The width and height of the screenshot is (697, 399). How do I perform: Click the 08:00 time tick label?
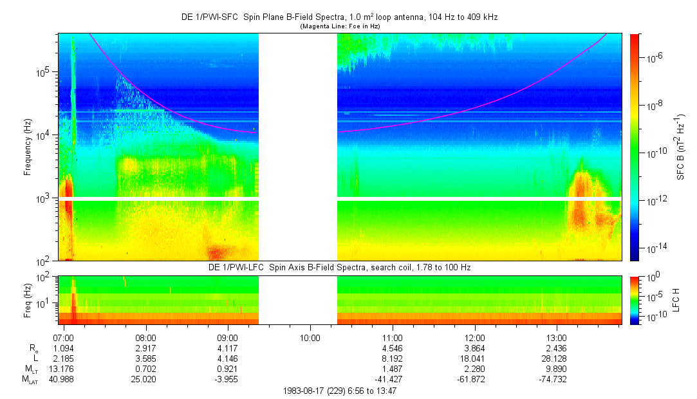pyautogui.click(x=146, y=337)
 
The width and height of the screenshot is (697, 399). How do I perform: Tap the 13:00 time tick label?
pyautogui.click(x=557, y=337)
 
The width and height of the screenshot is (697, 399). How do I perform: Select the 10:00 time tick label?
pyautogui.click(x=310, y=337)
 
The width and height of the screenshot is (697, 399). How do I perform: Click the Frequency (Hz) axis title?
pyautogui.click(x=28, y=147)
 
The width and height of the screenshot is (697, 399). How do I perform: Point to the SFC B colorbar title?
pyautogui.click(x=680, y=147)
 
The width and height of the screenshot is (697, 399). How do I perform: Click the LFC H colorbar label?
pyautogui.click(x=680, y=299)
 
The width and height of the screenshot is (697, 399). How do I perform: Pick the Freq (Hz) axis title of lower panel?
pyautogui.click(x=28, y=299)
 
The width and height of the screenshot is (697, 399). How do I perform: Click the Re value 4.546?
pyautogui.click(x=393, y=348)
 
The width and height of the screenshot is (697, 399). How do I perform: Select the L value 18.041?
pyautogui.click(x=474, y=358)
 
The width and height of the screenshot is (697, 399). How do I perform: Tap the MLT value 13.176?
pyautogui.click(x=64, y=369)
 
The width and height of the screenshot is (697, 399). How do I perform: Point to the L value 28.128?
pyautogui.click(x=557, y=358)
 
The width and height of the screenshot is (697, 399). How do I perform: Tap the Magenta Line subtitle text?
pyautogui.click(x=339, y=26)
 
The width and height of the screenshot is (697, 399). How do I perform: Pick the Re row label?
pyautogui.click(x=33, y=348)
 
